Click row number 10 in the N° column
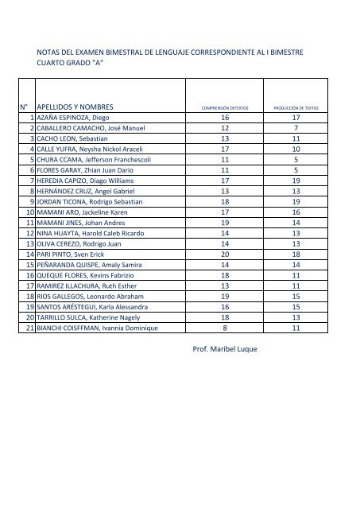(x=26, y=212)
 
